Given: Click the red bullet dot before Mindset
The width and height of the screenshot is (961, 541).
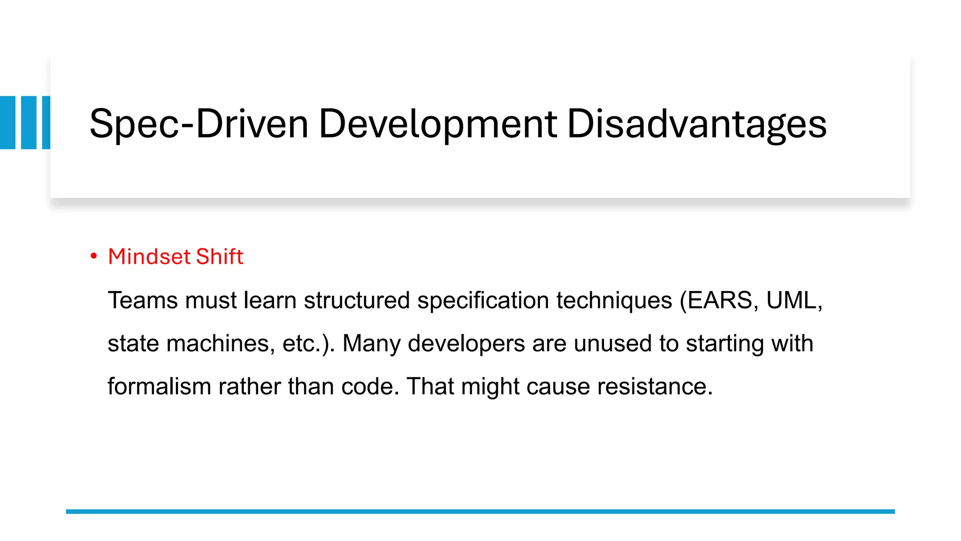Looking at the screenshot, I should pos(94,256).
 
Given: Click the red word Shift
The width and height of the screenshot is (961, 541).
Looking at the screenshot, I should pos(219,256).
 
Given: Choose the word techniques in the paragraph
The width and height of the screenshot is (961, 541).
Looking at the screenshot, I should pos(614,300).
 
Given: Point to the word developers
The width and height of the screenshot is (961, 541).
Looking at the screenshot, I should pos(466,343).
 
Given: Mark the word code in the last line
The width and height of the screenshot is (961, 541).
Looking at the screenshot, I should pos(370,386).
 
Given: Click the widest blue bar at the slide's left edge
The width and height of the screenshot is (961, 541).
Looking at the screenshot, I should pos(8,123).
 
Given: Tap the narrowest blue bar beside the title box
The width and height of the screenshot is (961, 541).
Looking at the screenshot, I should pos(46,123).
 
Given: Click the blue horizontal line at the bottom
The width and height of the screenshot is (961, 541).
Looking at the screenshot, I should pos(480,511).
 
